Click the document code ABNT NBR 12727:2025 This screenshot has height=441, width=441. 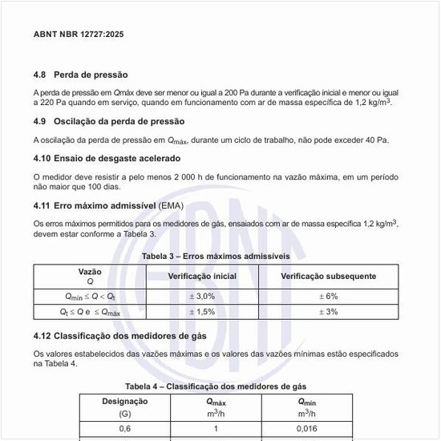79,34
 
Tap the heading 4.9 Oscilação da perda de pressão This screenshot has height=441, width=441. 108,121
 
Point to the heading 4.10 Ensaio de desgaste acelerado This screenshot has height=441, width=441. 107,158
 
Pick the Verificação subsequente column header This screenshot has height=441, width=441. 328,276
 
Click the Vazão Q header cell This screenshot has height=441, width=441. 90,277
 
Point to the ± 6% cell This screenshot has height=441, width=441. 328,296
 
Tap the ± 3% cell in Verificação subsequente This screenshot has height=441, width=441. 328,311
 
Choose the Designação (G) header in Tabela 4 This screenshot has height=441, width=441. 125,407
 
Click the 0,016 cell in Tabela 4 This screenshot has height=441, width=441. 307,429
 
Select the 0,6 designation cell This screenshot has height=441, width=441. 125,429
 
